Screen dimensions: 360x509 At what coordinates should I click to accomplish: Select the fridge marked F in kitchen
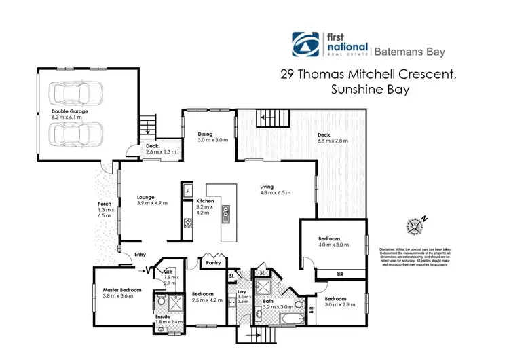pyautogui.click(x=187, y=192)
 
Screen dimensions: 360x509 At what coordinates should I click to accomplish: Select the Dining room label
pyautogui.click(x=206, y=134)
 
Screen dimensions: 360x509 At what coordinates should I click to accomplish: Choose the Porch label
pyautogui.click(x=104, y=204)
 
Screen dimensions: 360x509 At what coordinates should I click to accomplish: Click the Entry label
pyautogui.click(x=140, y=255)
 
